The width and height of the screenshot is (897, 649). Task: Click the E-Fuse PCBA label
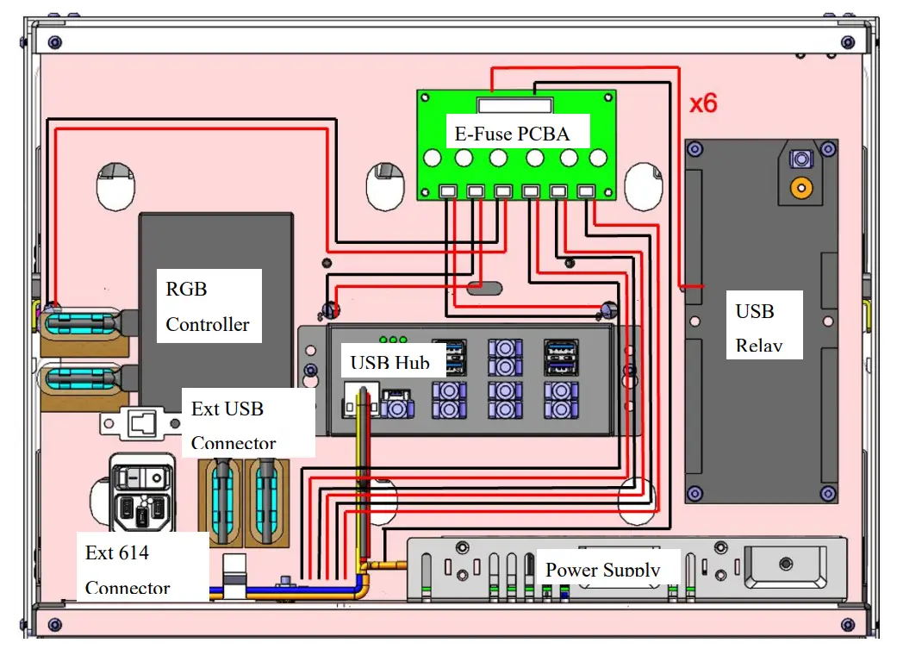[x=512, y=134]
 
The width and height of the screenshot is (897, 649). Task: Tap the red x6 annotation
[x=702, y=103]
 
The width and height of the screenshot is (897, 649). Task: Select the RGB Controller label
[x=208, y=306]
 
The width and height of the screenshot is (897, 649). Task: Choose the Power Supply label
[x=602, y=569]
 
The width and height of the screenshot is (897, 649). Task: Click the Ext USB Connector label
[x=234, y=425]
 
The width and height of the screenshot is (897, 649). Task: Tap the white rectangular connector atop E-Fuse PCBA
[x=514, y=106]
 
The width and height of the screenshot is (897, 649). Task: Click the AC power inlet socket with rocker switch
[x=141, y=500]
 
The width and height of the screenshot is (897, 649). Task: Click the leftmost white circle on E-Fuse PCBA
[x=433, y=159]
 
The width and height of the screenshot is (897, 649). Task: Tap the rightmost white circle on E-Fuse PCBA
[x=598, y=159]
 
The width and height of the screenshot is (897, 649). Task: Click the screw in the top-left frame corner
[x=54, y=42]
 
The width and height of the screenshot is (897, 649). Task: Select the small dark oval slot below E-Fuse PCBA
[x=485, y=287]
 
